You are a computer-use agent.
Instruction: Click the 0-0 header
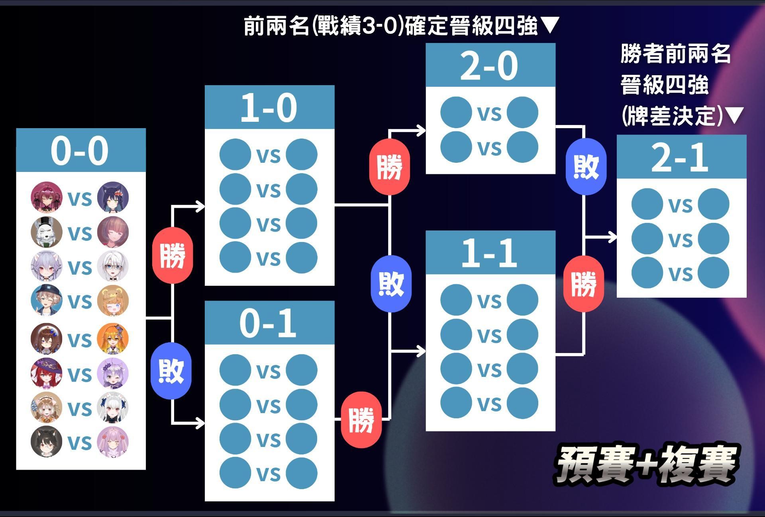point(80,150)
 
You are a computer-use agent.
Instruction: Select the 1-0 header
point(269,107)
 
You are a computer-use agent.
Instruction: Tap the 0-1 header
point(269,323)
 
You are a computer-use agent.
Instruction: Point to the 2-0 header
point(490,65)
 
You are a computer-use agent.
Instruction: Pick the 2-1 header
point(681,157)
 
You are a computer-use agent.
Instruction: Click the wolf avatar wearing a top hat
point(47,232)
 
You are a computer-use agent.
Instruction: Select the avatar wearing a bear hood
point(113,300)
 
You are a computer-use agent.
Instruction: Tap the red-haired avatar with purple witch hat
point(47,374)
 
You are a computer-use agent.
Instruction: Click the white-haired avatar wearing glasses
point(113,266)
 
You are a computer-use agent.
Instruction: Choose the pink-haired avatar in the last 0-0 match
point(113,442)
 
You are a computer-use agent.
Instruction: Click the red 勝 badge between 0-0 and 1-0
point(173,255)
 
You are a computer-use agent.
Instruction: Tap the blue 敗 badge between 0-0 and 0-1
point(171,371)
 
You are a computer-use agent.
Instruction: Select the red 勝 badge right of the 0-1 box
point(361,419)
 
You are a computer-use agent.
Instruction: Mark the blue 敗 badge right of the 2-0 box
point(586,166)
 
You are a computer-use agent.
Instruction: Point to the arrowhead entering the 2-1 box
point(612,237)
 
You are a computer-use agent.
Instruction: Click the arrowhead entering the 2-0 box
point(421,130)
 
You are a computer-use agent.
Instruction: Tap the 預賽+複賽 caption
point(647,463)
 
